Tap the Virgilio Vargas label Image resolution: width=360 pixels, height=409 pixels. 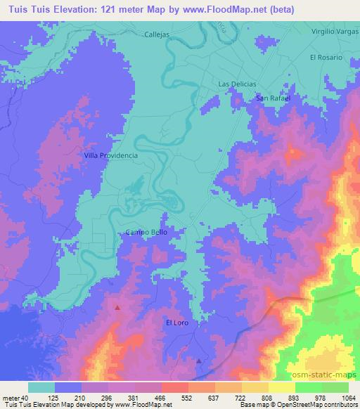(x=330, y=33)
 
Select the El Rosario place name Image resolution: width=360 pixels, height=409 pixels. (x=325, y=57)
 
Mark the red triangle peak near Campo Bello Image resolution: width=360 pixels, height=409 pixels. (x=117, y=307)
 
